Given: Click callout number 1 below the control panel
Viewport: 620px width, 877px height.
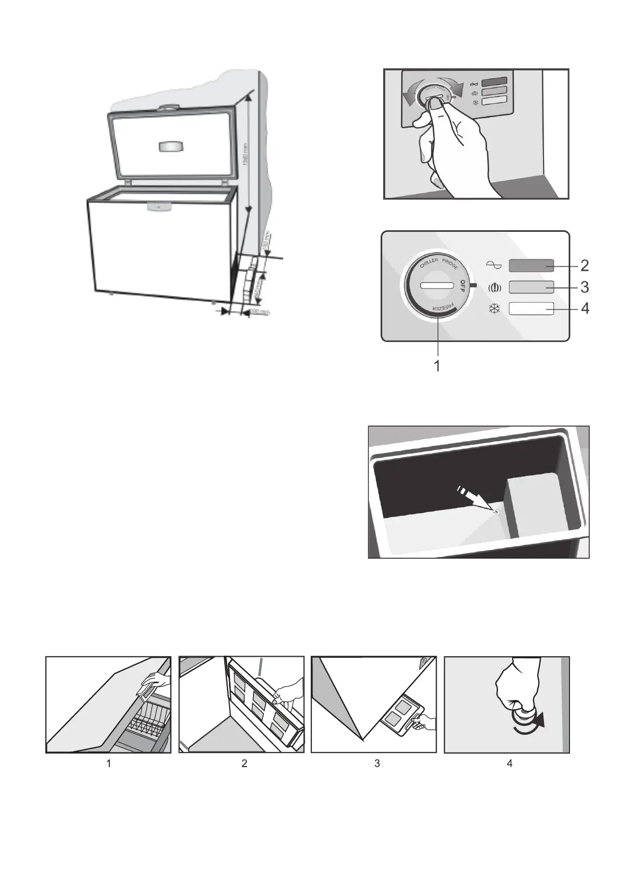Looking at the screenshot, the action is coord(437,366).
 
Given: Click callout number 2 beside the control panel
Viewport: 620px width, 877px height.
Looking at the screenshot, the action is coord(585,266).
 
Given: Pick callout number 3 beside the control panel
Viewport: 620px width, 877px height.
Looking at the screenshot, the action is coord(585,287).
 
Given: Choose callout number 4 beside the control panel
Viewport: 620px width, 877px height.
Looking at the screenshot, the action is coord(585,308).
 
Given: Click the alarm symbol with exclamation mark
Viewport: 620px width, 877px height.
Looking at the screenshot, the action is coord(494,287).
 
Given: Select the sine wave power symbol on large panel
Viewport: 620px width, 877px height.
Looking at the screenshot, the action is coord(494,266).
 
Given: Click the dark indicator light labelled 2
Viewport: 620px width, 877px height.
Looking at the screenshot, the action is coord(531,266).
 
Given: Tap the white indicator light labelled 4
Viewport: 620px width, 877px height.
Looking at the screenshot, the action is coord(531,308).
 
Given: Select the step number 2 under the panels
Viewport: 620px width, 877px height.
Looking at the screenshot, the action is coord(244,763).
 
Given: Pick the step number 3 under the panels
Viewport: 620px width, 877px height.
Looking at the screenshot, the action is coord(377,763).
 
